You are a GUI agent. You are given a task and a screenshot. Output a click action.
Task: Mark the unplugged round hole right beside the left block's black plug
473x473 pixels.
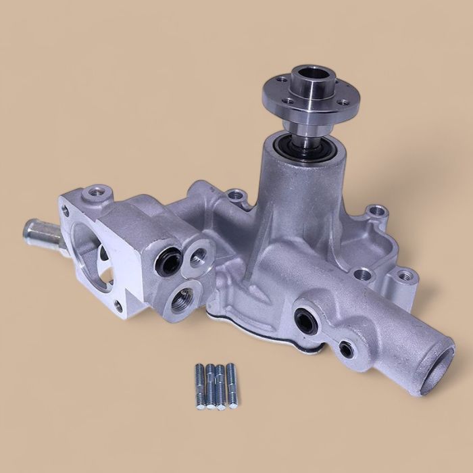coord(199,256)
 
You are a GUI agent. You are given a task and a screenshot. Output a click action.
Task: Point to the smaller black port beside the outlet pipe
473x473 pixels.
coord(345,349)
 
